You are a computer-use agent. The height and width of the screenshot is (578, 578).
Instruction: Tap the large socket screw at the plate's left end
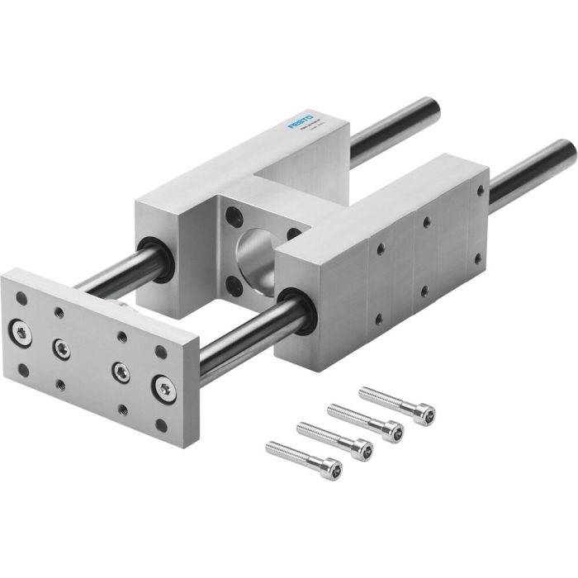tap(19, 332)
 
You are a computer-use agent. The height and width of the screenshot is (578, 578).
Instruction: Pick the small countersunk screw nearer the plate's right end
tap(121, 369)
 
